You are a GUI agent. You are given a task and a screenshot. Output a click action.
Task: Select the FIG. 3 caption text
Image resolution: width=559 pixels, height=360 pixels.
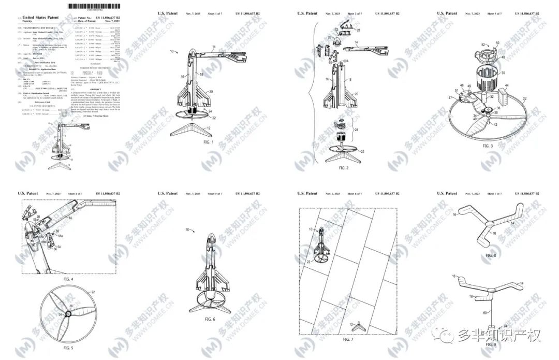488,147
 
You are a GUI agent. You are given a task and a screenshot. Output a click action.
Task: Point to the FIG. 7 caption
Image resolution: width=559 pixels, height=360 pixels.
347,339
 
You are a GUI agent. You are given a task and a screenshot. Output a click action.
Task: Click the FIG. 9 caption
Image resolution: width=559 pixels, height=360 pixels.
491,344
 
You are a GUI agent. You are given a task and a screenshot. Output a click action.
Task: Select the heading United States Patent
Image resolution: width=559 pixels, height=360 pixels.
45,18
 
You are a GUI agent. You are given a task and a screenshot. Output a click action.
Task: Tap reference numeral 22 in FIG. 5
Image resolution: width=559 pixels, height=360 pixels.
93,292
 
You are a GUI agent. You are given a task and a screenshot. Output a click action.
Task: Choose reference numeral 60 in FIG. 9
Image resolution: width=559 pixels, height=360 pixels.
485,313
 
